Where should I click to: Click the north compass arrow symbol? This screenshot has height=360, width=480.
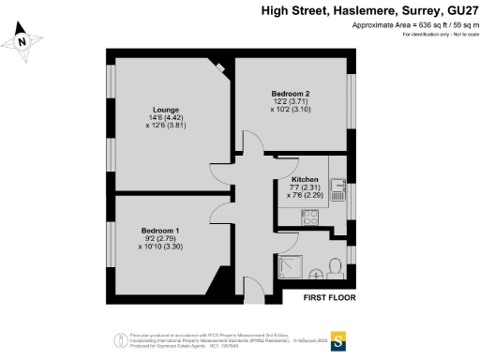[25, 40]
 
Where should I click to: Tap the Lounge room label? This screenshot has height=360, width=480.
[154, 109]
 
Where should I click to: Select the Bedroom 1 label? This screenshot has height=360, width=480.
[160, 231]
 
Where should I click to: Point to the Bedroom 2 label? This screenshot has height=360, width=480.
[291, 94]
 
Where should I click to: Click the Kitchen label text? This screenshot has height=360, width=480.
[306, 179]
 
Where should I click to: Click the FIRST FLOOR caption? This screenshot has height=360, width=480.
[329, 298]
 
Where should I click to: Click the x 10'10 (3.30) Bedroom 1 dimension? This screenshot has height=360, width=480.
[161, 247]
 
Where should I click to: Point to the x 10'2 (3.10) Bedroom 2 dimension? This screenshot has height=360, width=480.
[292, 111]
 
